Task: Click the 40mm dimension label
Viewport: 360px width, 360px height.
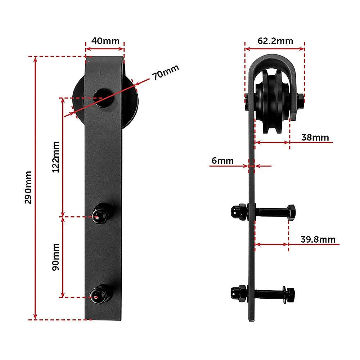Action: pos(105,41)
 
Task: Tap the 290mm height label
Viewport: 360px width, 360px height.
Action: pos(28,187)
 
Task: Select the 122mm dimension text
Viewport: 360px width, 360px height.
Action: pos(56,157)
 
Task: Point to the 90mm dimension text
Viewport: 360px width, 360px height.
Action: pos(56,257)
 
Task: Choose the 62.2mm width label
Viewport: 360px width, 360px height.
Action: pos(275,41)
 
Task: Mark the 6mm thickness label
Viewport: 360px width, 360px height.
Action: pos(222,161)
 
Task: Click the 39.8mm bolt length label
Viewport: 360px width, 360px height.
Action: pos(318,239)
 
